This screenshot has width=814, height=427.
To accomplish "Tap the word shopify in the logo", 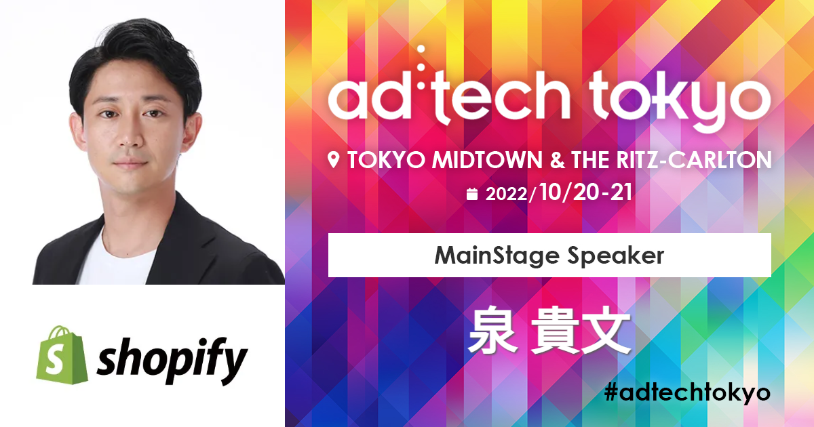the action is (x=172, y=361).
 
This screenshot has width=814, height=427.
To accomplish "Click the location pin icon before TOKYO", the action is (x=333, y=160).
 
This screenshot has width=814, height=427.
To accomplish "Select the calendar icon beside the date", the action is (x=471, y=194).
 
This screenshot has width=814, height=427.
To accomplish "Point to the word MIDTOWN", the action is (x=487, y=160).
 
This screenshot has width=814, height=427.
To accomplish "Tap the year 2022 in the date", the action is (x=506, y=195).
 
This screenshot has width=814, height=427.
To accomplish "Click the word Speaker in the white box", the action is (x=616, y=257).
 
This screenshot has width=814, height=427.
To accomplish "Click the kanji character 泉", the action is (x=492, y=329).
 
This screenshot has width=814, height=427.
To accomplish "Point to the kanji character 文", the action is (x=606, y=329).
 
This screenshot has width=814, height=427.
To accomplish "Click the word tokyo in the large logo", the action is (x=680, y=100).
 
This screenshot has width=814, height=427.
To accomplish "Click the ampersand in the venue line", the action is (x=557, y=160).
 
